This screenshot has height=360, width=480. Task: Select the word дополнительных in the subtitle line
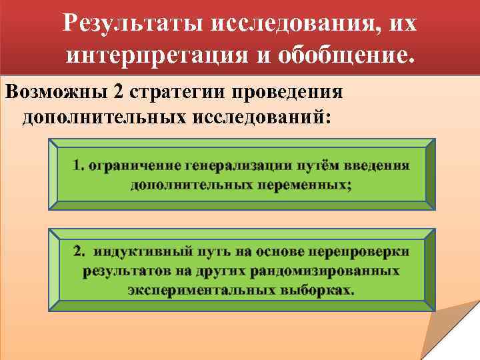coord(104,117)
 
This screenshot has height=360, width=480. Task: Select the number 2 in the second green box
coord(79,252)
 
